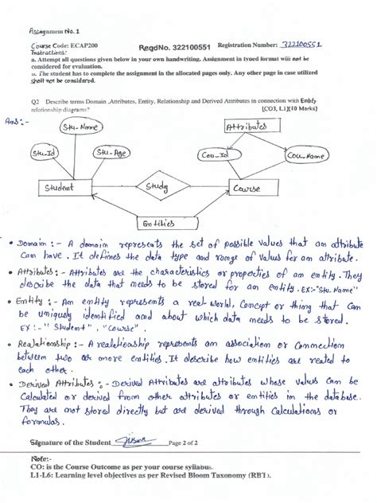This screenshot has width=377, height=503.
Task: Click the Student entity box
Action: point(62,187)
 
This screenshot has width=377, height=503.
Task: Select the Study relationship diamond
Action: point(155,186)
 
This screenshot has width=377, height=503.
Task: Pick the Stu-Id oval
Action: point(43,153)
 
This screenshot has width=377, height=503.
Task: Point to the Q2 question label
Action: point(35,102)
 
